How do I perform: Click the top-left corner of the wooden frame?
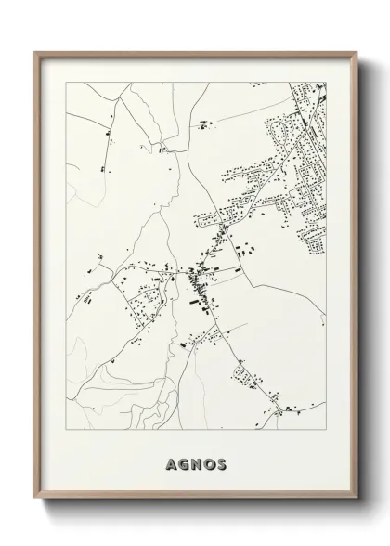[x=35, y=51]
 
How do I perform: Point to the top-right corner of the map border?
[x=326, y=83]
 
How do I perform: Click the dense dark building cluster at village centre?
[x=198, y=276]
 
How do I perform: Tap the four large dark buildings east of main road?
[x=247, y=252]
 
